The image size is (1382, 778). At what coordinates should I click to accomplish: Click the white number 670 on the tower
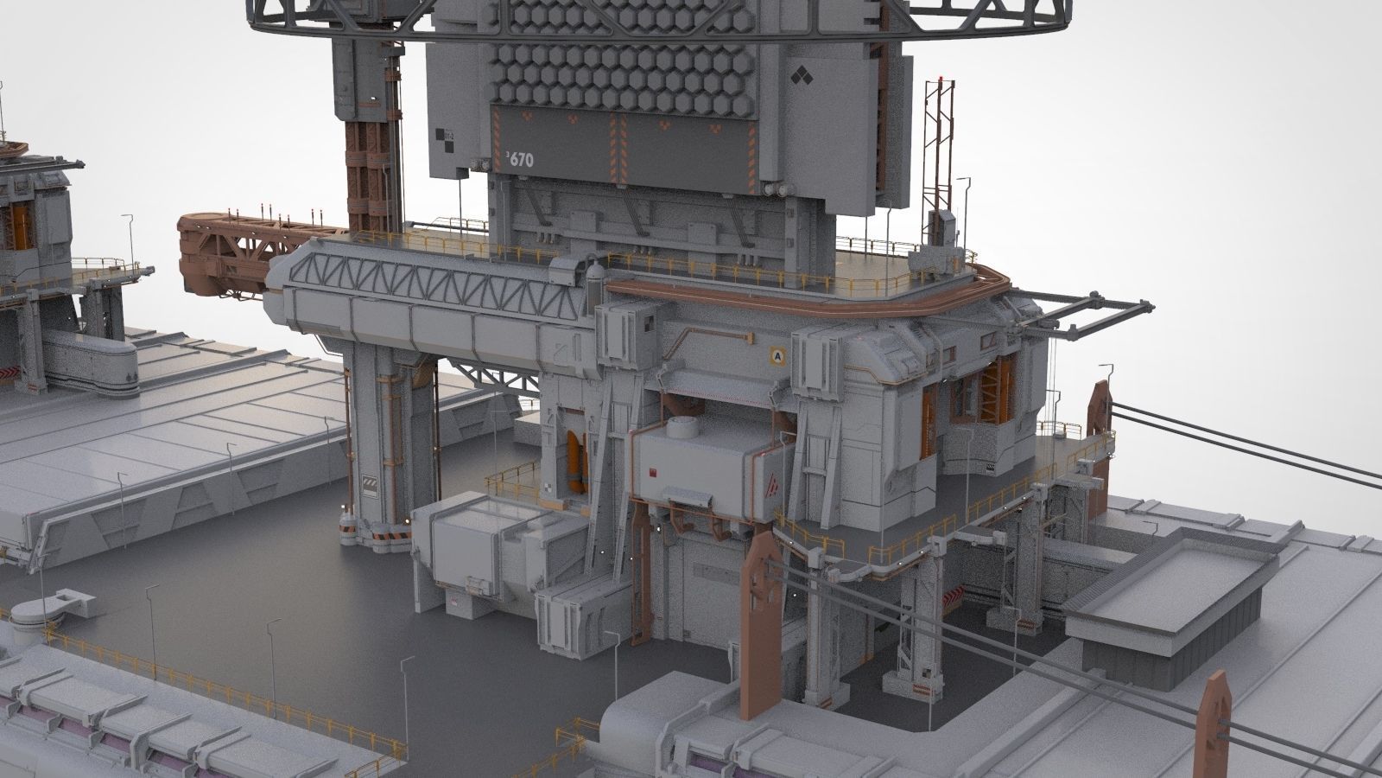[521, 159]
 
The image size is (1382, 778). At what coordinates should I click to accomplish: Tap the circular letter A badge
[777, 354]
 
